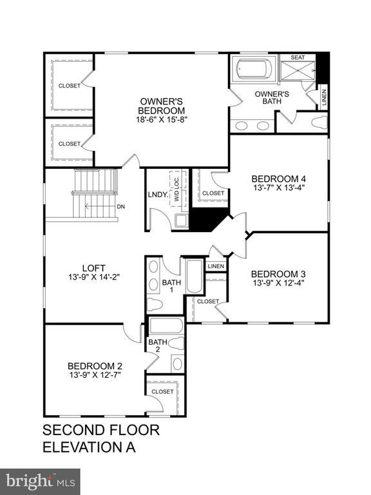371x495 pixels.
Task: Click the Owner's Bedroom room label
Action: (x=163, y=106)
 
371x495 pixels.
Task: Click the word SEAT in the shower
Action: (x=298, y=57)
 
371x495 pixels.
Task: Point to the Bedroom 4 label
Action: (x=278, y=179)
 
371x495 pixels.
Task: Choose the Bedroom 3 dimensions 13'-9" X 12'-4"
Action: (x=278, y=282)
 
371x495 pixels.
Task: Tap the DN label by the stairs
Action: (x=120, y=207)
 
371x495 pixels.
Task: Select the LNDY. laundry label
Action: (x=157, y=194)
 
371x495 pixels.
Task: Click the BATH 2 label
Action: (x=158, y=346)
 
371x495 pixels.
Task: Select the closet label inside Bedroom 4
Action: (x=213, y=193)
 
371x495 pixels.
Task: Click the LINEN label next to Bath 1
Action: (x=215, y=266)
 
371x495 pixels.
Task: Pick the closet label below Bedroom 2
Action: (x=162, y=391)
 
